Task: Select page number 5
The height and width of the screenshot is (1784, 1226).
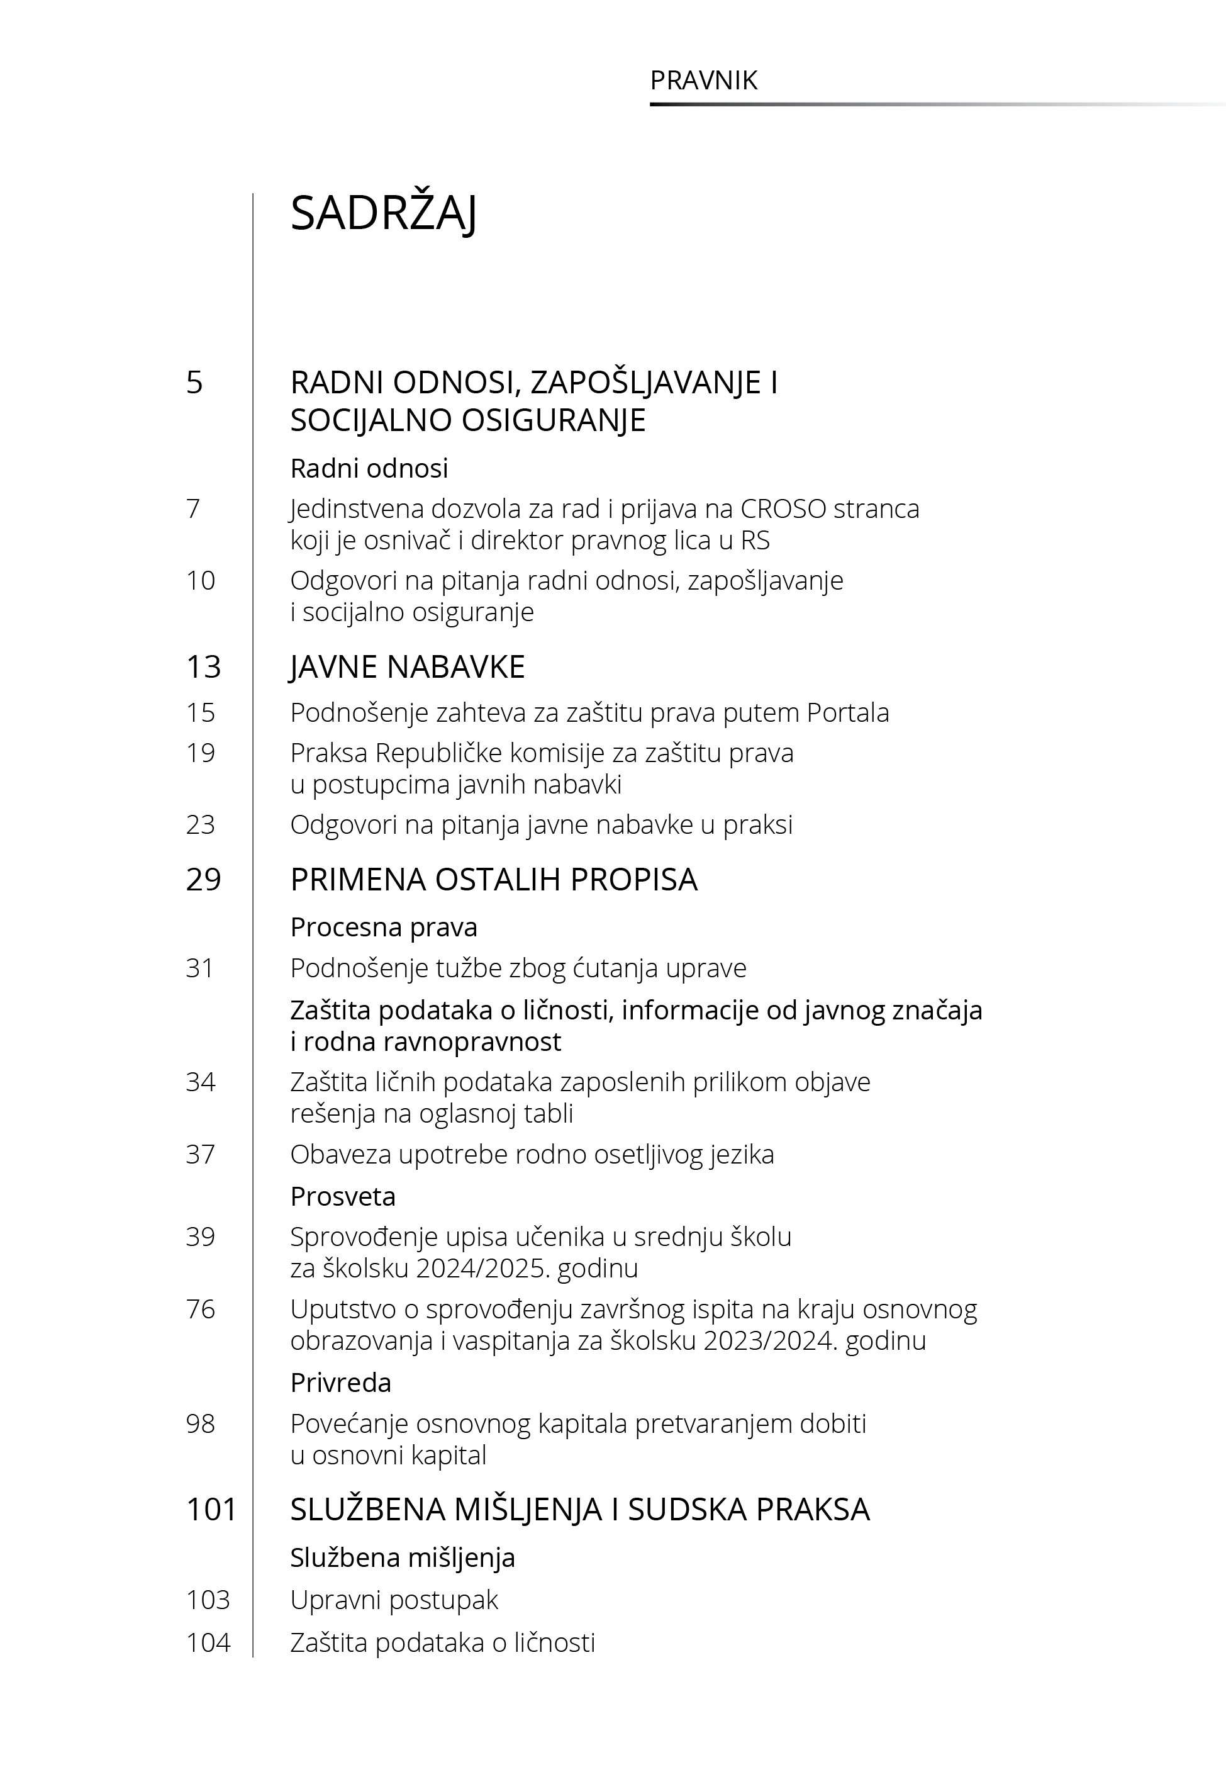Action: (x=194, y=382)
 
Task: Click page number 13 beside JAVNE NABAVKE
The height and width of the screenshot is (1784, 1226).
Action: (x=204, y=666)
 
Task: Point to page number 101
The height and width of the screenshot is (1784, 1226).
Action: (x=211, y=1509)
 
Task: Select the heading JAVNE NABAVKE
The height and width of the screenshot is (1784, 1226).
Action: (x=407, y=666)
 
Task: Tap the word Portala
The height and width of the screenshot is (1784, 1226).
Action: (x=847, y=712)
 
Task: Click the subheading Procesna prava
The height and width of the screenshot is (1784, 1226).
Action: (x=383, y=928)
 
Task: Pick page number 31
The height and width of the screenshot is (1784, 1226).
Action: (x=200, y=967)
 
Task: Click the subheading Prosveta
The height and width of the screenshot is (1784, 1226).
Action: (x=343, y=1196)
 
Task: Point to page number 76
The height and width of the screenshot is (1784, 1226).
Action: (x=200, y=1308)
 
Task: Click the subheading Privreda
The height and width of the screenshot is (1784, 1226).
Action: (x=340, y=1383)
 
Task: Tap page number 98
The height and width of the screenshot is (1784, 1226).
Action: (x=200, y=1423)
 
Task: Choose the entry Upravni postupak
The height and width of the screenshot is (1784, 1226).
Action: (x=394, y=1600)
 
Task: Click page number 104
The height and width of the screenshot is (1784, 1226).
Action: (x=208, y=1642)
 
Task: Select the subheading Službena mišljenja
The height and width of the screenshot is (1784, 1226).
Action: (x=403, y=1557)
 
